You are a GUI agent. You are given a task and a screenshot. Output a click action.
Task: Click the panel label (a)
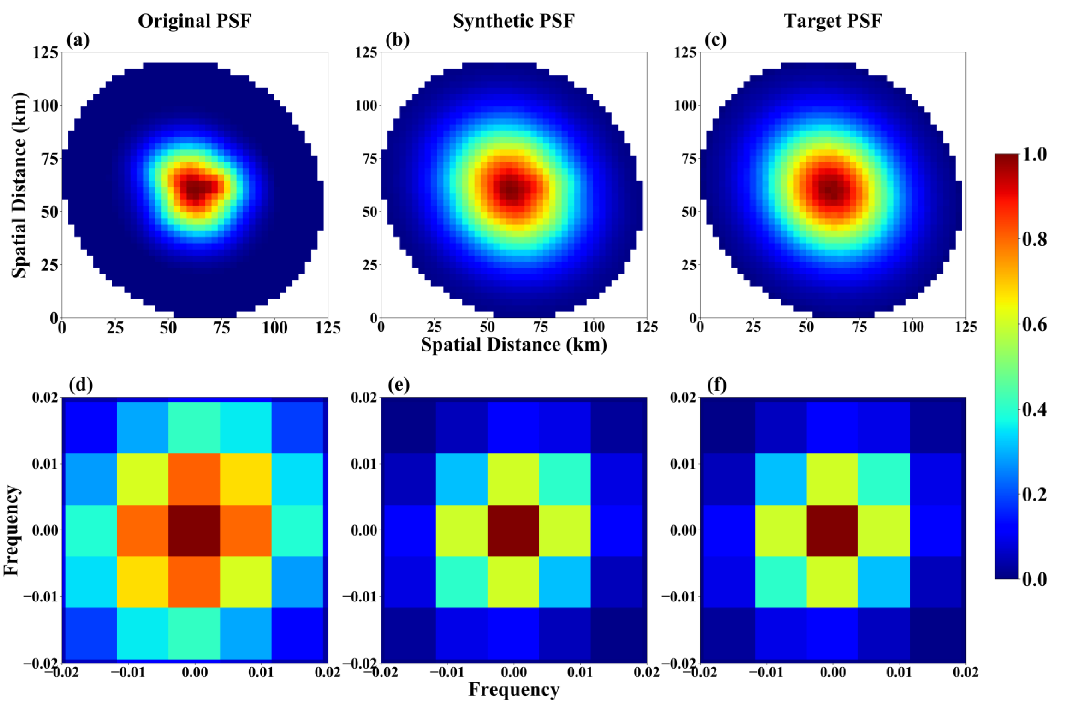(x=78, y=41)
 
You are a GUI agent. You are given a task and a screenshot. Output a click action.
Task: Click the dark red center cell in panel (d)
(x=194, y=530)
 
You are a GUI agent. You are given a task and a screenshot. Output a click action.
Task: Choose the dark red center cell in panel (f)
(x=832, y=530)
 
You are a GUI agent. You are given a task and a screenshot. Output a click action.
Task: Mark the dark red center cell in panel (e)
(x=513, y=530)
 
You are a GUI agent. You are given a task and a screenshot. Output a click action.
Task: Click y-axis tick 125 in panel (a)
(x=45, y=53)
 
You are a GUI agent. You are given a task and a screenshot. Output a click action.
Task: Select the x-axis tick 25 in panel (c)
(x=753, y=327)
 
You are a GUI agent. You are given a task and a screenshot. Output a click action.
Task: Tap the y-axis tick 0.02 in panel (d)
(x=45, y=398)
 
